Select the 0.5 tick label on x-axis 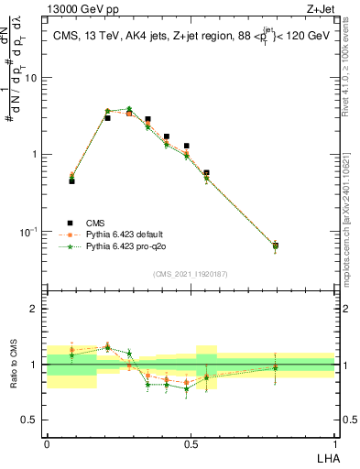(x=191, y=443)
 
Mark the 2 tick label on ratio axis (x=35, y=309)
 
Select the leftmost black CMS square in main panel (x=71, y=181)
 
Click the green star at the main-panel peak (x=129, y=109)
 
